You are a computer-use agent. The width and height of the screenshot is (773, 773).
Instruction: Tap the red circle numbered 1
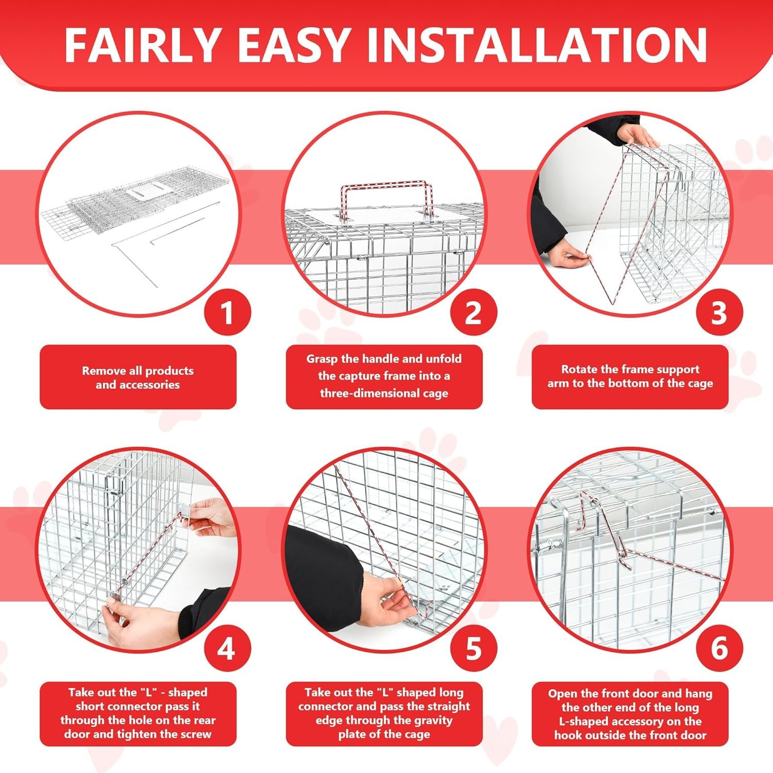227,313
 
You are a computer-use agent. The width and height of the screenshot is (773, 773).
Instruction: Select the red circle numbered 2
474,313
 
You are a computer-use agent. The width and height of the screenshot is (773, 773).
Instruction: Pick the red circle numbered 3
719,313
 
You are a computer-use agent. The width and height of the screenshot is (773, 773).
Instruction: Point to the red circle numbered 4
227,648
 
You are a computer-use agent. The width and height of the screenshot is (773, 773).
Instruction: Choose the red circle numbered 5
474,648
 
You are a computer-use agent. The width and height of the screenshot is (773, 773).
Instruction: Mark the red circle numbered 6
719,648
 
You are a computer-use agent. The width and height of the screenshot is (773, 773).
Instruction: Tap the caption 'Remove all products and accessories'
138,378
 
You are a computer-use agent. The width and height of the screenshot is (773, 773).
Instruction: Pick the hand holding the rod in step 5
390,598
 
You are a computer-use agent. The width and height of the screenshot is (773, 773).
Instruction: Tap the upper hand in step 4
211,517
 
